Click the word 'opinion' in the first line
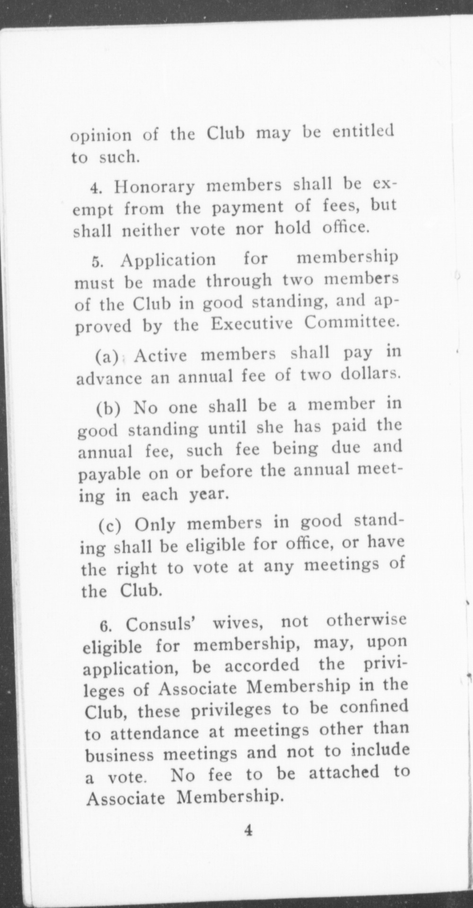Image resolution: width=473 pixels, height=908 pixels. [101, 136]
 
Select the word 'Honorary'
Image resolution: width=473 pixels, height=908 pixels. [154, 187]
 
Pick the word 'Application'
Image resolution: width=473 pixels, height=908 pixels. [168, 260]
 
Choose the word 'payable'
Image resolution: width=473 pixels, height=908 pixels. [109, 473]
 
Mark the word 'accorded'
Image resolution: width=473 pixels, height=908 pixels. [262, 665]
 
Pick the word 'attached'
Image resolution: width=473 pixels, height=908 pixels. [344, 772]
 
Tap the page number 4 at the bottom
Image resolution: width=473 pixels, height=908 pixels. [248, 830]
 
